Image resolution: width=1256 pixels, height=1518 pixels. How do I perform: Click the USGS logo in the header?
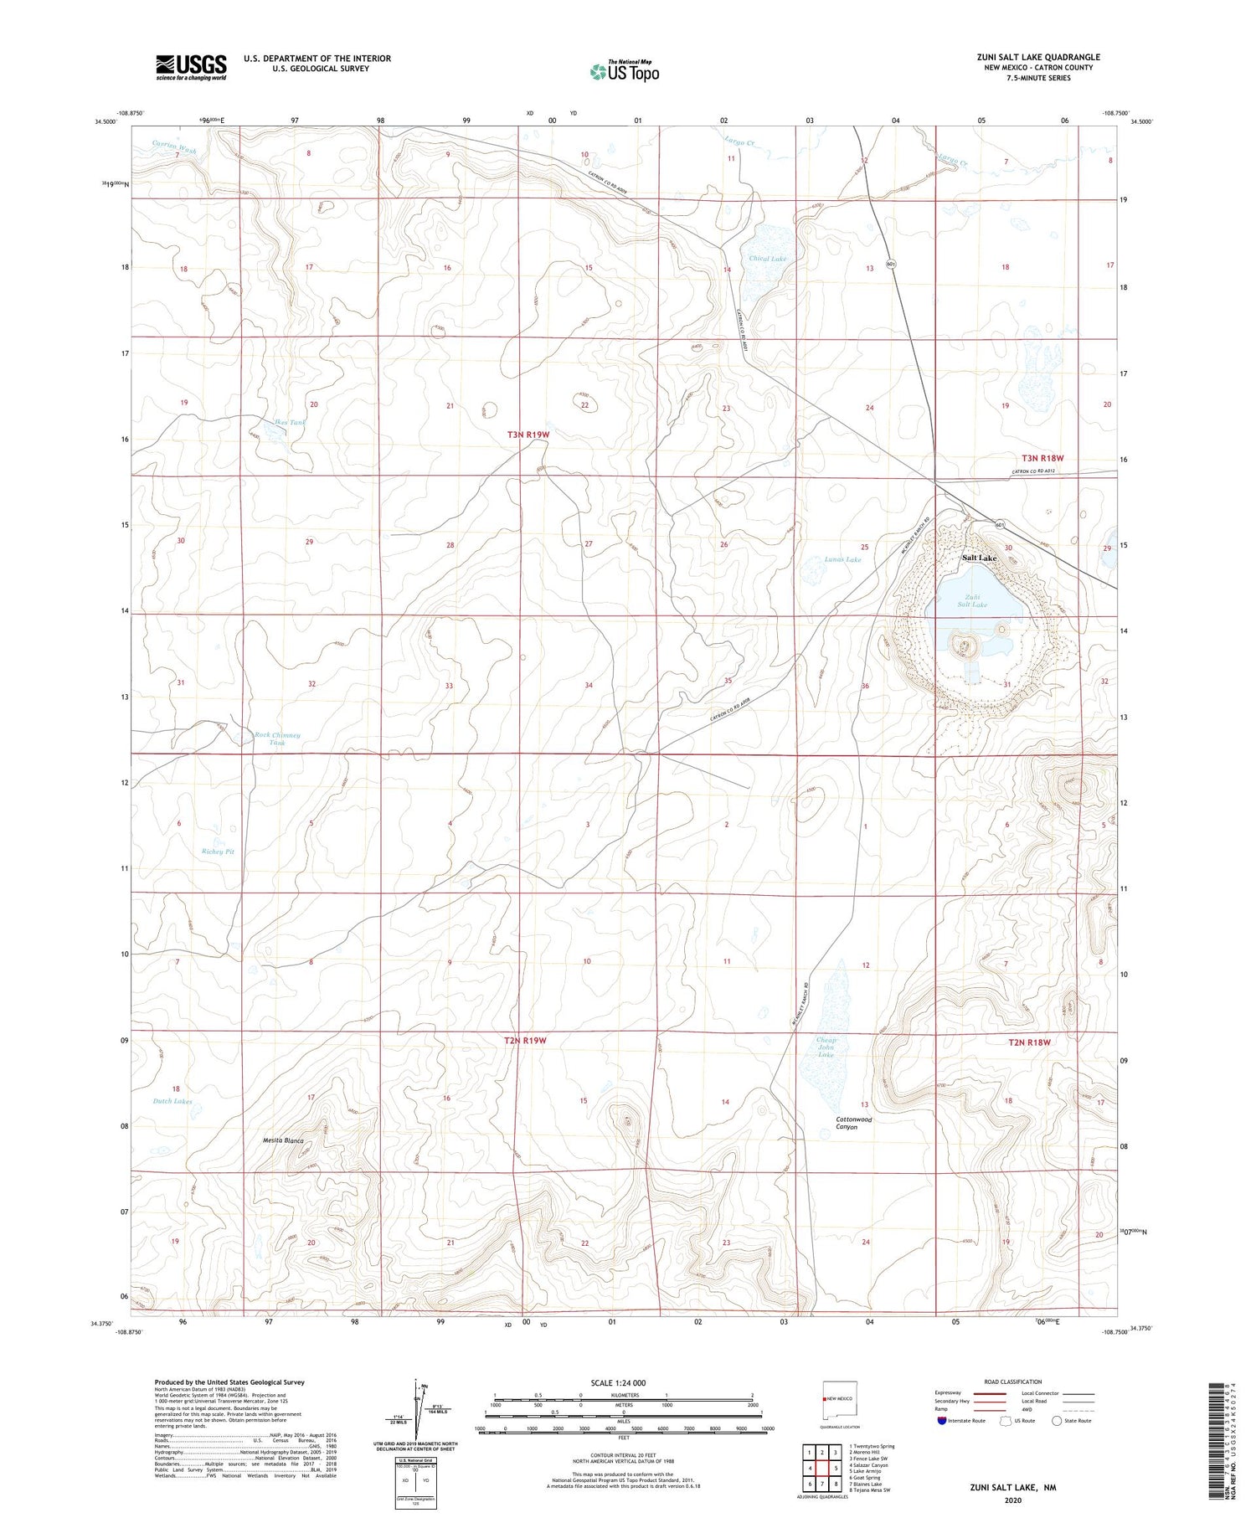point(191,67)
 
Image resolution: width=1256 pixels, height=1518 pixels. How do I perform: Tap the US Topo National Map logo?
point(624,71)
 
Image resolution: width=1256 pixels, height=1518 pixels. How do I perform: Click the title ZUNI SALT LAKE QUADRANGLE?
point(1038,57)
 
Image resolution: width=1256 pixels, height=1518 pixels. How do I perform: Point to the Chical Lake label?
point(767,260)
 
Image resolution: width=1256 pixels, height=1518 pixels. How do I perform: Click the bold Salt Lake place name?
point(979,558)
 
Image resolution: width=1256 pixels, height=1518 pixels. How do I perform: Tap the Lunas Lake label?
point(842,559)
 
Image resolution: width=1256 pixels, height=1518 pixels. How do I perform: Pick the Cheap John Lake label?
point(826,1047)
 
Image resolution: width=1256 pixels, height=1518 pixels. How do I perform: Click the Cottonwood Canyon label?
point(853,1123)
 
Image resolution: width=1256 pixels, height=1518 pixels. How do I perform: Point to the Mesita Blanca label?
point(283,1141)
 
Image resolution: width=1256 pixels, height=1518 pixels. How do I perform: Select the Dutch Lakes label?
point(172,1101)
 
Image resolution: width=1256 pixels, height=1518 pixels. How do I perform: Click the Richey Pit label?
point(218,852)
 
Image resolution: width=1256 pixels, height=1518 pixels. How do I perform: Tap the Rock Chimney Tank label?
point(277,738)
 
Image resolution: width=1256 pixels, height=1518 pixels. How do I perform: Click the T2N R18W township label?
point(1029,1042)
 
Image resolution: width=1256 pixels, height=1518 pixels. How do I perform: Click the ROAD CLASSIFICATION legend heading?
point(1012,1382)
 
